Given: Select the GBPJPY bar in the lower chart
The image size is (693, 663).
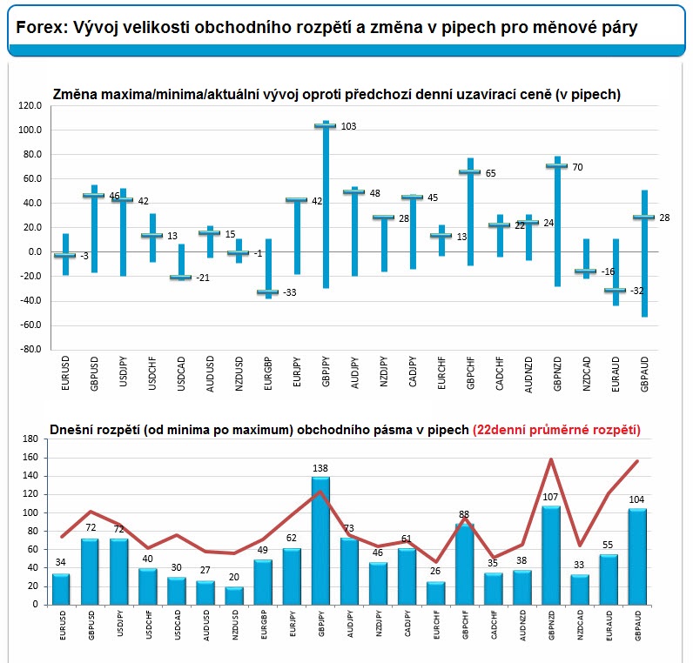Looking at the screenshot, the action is click(x=320, y=540).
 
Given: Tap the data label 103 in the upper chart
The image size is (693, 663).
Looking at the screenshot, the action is click(x=348, y=126).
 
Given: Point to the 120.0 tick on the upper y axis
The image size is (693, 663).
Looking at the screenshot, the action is click(x=30, y=105).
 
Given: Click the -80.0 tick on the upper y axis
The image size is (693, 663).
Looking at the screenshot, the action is click(x=30, y=349).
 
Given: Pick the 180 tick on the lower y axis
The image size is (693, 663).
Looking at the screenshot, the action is click(x=30, y=439).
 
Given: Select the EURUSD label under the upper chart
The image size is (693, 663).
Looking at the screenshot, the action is click(x=65, y=373).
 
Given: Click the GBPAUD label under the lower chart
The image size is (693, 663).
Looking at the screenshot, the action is click(x=638, y=625).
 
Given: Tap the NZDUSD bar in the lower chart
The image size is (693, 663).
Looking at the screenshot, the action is click(x=234, y=595).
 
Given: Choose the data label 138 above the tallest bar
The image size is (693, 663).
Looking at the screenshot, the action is click(x=320, y=468).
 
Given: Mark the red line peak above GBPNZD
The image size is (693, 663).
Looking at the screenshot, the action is click(x=551, y=459).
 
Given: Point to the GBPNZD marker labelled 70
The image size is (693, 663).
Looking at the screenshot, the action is click(x=557, y=166).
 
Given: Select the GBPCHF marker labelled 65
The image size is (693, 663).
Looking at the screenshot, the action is click(x=470, y=171).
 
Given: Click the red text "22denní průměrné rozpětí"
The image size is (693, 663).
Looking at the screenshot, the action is click(x=557, y=430).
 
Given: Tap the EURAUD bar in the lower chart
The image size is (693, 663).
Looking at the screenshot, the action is click(x=609, y=579).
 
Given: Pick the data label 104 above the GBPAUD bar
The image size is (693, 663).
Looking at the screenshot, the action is click(x=636, y=499).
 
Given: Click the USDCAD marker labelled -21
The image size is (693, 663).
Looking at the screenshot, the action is click(x=181, y=278).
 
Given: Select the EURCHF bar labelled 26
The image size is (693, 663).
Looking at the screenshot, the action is click(x=436, y=593).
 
